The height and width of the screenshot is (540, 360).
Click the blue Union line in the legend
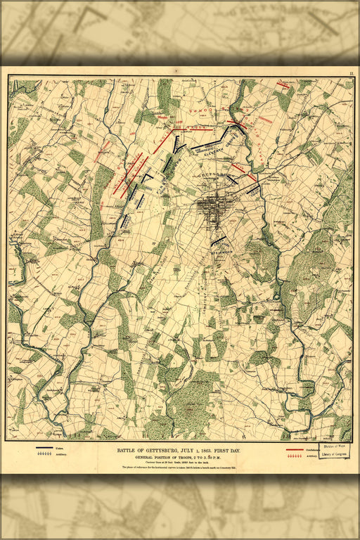click(x=46, y=447)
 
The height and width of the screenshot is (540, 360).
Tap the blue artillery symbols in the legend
click(x=46, y=455)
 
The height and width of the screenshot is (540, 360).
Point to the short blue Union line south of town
click(x=219, y=240)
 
